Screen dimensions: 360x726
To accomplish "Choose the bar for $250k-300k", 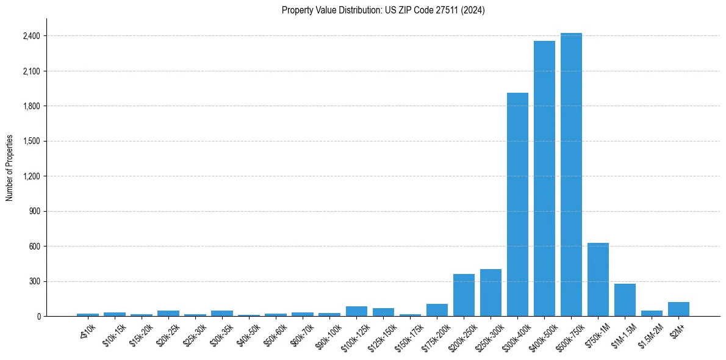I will pos(491,293).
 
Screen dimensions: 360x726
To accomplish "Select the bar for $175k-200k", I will pos(437,310).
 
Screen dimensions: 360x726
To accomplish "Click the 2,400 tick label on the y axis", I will pos(31,36).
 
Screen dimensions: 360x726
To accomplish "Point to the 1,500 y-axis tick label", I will pos(31,142).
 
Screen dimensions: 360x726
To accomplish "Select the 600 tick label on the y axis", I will pos(34,247).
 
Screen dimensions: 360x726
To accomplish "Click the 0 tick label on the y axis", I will pos(38,317).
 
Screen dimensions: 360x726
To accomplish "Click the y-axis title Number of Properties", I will pos(10,168).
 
